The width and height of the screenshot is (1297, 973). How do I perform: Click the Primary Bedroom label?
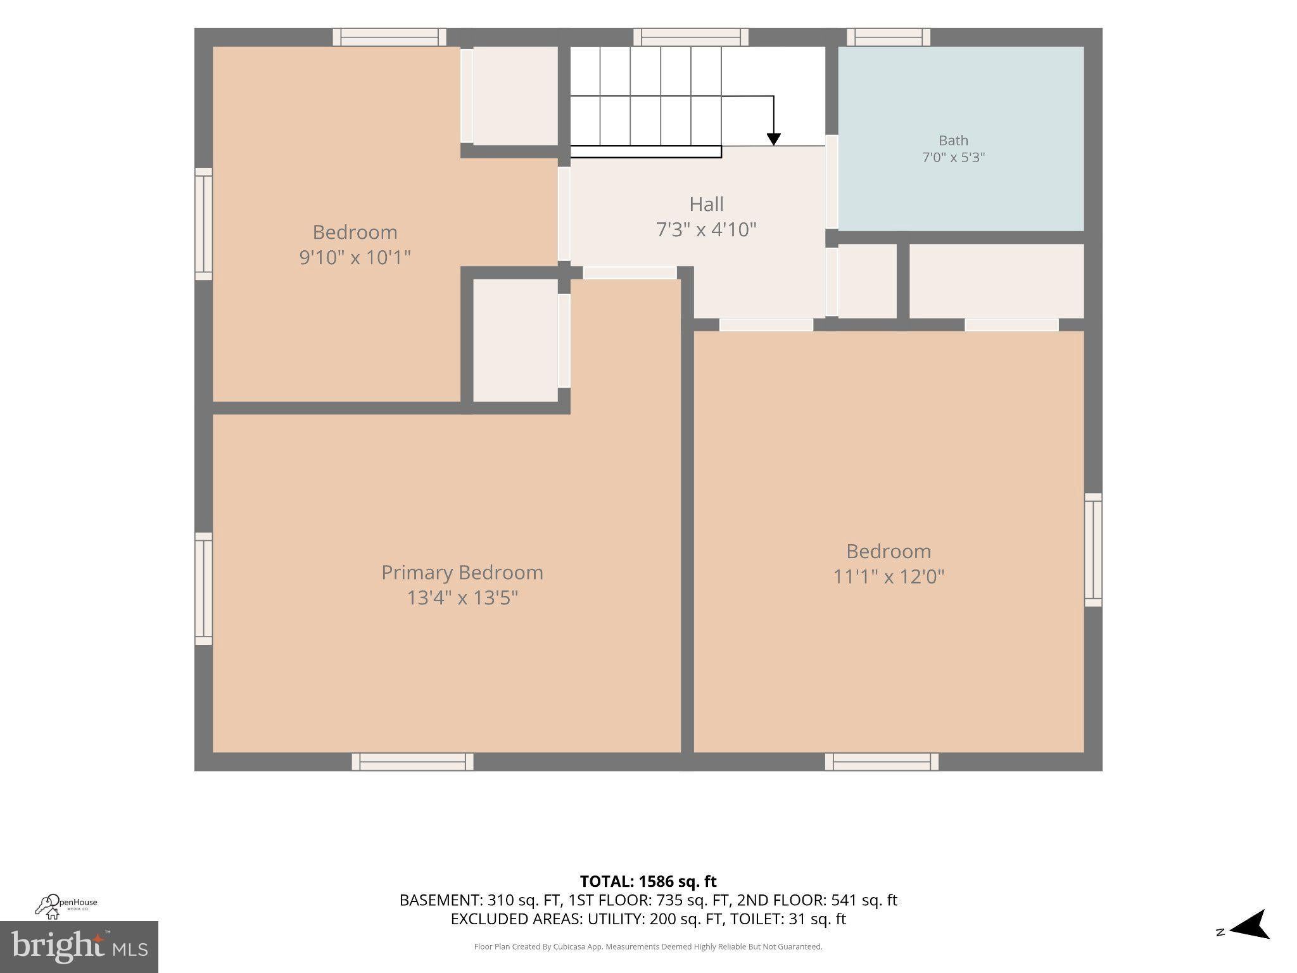coord(462,573)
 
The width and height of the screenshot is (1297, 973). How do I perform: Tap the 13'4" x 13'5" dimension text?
coord(462,597)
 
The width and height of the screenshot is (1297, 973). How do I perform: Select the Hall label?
coord(706,204)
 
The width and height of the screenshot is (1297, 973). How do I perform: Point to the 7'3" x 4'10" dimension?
coord(706,229)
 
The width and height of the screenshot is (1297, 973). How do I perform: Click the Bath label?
coord(953,141)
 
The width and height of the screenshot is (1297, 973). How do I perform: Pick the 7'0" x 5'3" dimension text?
coord(953,157)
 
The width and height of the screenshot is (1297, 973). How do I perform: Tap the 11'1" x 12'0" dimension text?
coord(889,576)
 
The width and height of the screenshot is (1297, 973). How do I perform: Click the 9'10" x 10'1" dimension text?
coord(355,257)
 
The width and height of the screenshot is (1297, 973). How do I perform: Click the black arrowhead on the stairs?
coord(773,139)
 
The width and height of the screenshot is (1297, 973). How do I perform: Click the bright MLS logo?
coord(79,946)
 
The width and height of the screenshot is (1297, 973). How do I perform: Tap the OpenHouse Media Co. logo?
coord(66,906)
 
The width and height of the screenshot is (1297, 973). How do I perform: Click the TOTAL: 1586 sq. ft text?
coord(648,881)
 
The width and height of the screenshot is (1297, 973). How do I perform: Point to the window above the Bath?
coord(889,37)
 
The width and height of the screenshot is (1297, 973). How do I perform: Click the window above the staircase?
coord(691,37)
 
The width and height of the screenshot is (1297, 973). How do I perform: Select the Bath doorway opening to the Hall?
coord(832,182)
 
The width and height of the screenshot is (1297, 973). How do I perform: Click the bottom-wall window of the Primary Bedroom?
coord(412,761)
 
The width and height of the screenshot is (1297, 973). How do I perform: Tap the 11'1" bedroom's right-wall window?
coord(1093,550)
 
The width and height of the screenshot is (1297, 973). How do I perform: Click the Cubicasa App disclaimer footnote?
coord(648,947)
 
